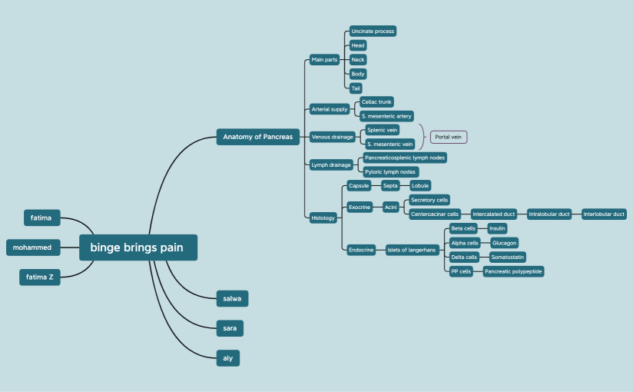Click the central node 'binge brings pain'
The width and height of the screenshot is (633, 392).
(x=138, y=247)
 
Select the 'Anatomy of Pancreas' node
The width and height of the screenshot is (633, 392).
(x=258, y=137)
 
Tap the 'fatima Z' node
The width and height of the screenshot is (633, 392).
(x=40, y=277)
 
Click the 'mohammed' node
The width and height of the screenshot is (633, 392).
(x=33, y=247)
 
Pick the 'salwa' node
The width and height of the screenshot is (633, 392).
(x=232, y=299)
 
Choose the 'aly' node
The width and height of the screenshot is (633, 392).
(x=227, y=358)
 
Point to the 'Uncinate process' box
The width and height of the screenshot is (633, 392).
(x=373, y=31)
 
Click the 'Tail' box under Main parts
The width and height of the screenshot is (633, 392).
(x=356, y=88)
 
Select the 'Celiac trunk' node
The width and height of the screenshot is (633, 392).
(x=376, y=101)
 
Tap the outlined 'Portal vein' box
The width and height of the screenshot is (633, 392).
(x=449, y=137)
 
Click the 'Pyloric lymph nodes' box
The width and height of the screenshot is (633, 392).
(x=390, y=171)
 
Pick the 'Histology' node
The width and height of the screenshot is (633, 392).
(x=323, y=218)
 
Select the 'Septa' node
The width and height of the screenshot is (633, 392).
(x=390, y=185)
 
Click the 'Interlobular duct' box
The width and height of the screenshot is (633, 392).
(x=604, y=214)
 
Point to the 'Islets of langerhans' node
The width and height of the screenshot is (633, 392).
(x=412, y=250)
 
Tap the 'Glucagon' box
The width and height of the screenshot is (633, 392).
(x=504, y=243)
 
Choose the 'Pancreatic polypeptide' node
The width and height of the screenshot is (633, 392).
(x=513, y=271)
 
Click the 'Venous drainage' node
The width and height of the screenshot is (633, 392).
(x=332, y=137)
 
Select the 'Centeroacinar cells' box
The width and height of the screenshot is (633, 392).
(x=435, y=214)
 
